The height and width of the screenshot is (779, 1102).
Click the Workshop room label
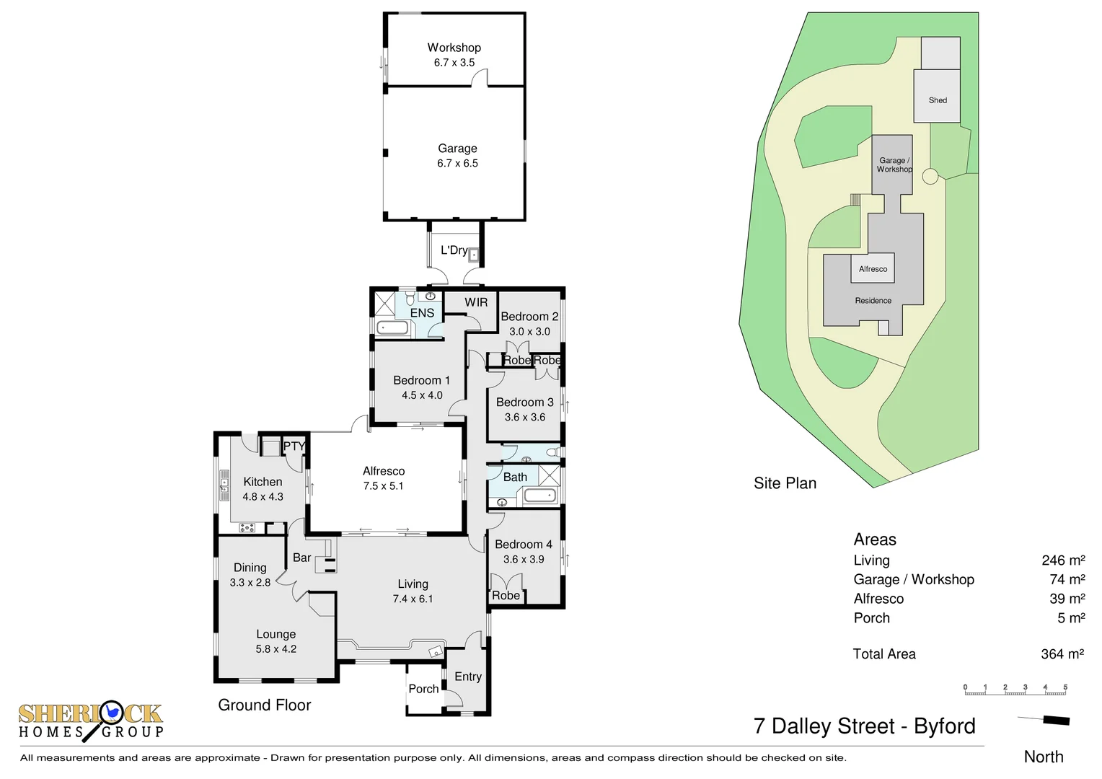[x=454, y=48]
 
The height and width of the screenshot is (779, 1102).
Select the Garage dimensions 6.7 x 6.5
[x=457, y=164]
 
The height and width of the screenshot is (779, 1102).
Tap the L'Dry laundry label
[x=454, y=250]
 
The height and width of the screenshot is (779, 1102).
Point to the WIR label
[x=476, y=302]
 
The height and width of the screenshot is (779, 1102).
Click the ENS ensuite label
[x=422, y=313]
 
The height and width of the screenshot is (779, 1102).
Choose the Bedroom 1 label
[x=421, y=380]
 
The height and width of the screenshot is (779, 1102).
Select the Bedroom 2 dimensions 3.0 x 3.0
[x=529, y=332]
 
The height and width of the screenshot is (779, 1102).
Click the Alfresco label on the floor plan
[x=383, y=471]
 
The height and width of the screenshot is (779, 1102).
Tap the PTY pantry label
[x=294, y=446]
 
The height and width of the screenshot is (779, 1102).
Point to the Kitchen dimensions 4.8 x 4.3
[x=263, y=497]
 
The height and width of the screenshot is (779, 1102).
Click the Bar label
[x=301, y=558]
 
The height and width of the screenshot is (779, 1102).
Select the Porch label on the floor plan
[x=423, y=689]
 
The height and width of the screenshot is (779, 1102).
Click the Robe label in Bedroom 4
[x=506, y=596]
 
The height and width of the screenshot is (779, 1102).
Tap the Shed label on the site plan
[x=938, y=100]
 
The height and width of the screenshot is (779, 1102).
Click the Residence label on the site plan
[x=873, y=301]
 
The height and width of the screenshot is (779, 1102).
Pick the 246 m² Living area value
[x=1063, y=560]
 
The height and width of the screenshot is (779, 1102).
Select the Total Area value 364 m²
[x=1062, y=654]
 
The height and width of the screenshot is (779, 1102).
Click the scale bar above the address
[x=1015, y=690]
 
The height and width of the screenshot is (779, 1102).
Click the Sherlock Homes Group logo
[x=91, y=721]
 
